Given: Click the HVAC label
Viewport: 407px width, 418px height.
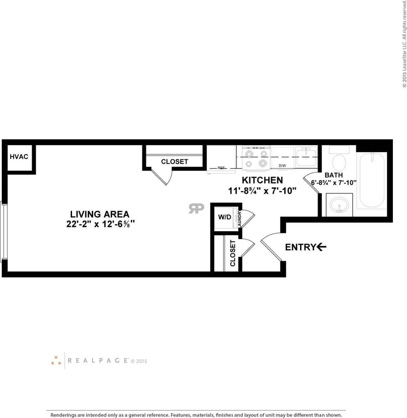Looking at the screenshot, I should coord(19,157).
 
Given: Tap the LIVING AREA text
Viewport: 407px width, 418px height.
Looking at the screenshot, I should coord(100,214).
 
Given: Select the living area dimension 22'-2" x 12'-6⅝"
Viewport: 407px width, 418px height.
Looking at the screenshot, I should coord(100,224).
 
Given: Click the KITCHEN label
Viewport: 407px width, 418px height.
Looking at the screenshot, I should coord(262,180).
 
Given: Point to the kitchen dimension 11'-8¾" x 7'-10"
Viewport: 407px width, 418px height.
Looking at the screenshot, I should coord(262,191).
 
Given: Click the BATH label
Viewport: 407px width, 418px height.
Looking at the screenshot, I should coord(334,175).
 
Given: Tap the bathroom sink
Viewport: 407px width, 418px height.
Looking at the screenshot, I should coord(339,205).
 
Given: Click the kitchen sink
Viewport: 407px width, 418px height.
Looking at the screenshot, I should coord(306,158).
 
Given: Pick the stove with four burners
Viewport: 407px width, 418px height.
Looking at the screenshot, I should coord(256,158).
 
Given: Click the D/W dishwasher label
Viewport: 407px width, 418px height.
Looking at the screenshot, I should coord(282,166).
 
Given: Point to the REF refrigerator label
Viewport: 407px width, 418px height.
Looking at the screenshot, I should coord(221,168).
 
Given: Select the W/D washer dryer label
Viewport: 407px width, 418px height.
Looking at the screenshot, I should coord(225,217).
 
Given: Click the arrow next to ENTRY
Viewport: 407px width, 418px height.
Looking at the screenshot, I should coord(322,247).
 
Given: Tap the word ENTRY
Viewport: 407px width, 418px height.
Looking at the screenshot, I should coord(300,247).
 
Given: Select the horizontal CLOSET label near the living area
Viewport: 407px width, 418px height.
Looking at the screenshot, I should coord(174,162).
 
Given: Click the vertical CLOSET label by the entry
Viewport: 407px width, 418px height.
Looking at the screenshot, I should coord(233,253).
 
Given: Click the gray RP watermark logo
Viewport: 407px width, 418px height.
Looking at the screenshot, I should coord(196,208).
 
